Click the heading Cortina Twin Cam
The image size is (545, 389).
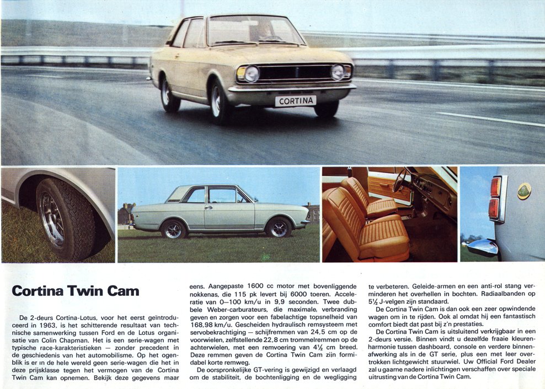coord(76,290)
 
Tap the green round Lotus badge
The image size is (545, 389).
coord(523,191)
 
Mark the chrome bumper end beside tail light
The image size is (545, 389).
coord(481,247)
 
